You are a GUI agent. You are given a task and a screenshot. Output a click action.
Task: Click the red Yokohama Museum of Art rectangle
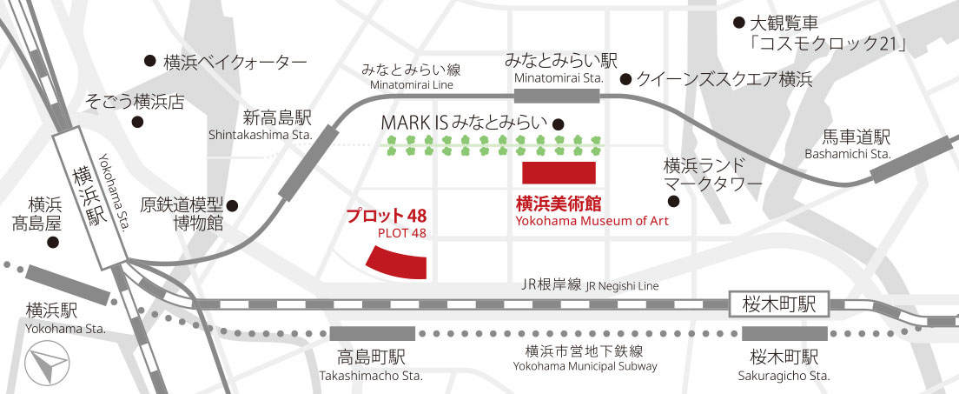click(x=558, y=172)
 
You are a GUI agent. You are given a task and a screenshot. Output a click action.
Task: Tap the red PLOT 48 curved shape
click(x=397, y=261)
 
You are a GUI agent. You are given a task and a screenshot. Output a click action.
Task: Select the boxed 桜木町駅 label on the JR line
click(x=780, y=304)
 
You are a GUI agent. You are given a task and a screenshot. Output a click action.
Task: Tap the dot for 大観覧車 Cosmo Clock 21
click(x=739, y=22)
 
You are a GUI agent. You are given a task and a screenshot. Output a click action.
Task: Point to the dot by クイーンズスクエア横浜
click(x=625, y=80)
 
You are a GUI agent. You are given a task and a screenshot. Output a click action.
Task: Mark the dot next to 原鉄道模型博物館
click(x=232, y=206)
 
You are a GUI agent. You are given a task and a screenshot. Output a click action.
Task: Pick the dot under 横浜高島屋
click(x=52, y=244)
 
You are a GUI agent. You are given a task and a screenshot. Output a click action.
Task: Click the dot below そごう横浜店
click(x=137, y=123)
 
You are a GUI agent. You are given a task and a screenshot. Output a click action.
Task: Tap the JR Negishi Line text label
click(x=592, y=284)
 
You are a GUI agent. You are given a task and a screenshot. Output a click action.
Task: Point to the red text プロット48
click(x=386, y=215)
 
